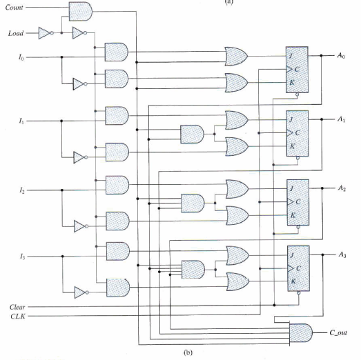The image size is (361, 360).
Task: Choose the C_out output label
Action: tap(337, 333)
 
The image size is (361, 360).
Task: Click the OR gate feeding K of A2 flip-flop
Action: tap(237, 215)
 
